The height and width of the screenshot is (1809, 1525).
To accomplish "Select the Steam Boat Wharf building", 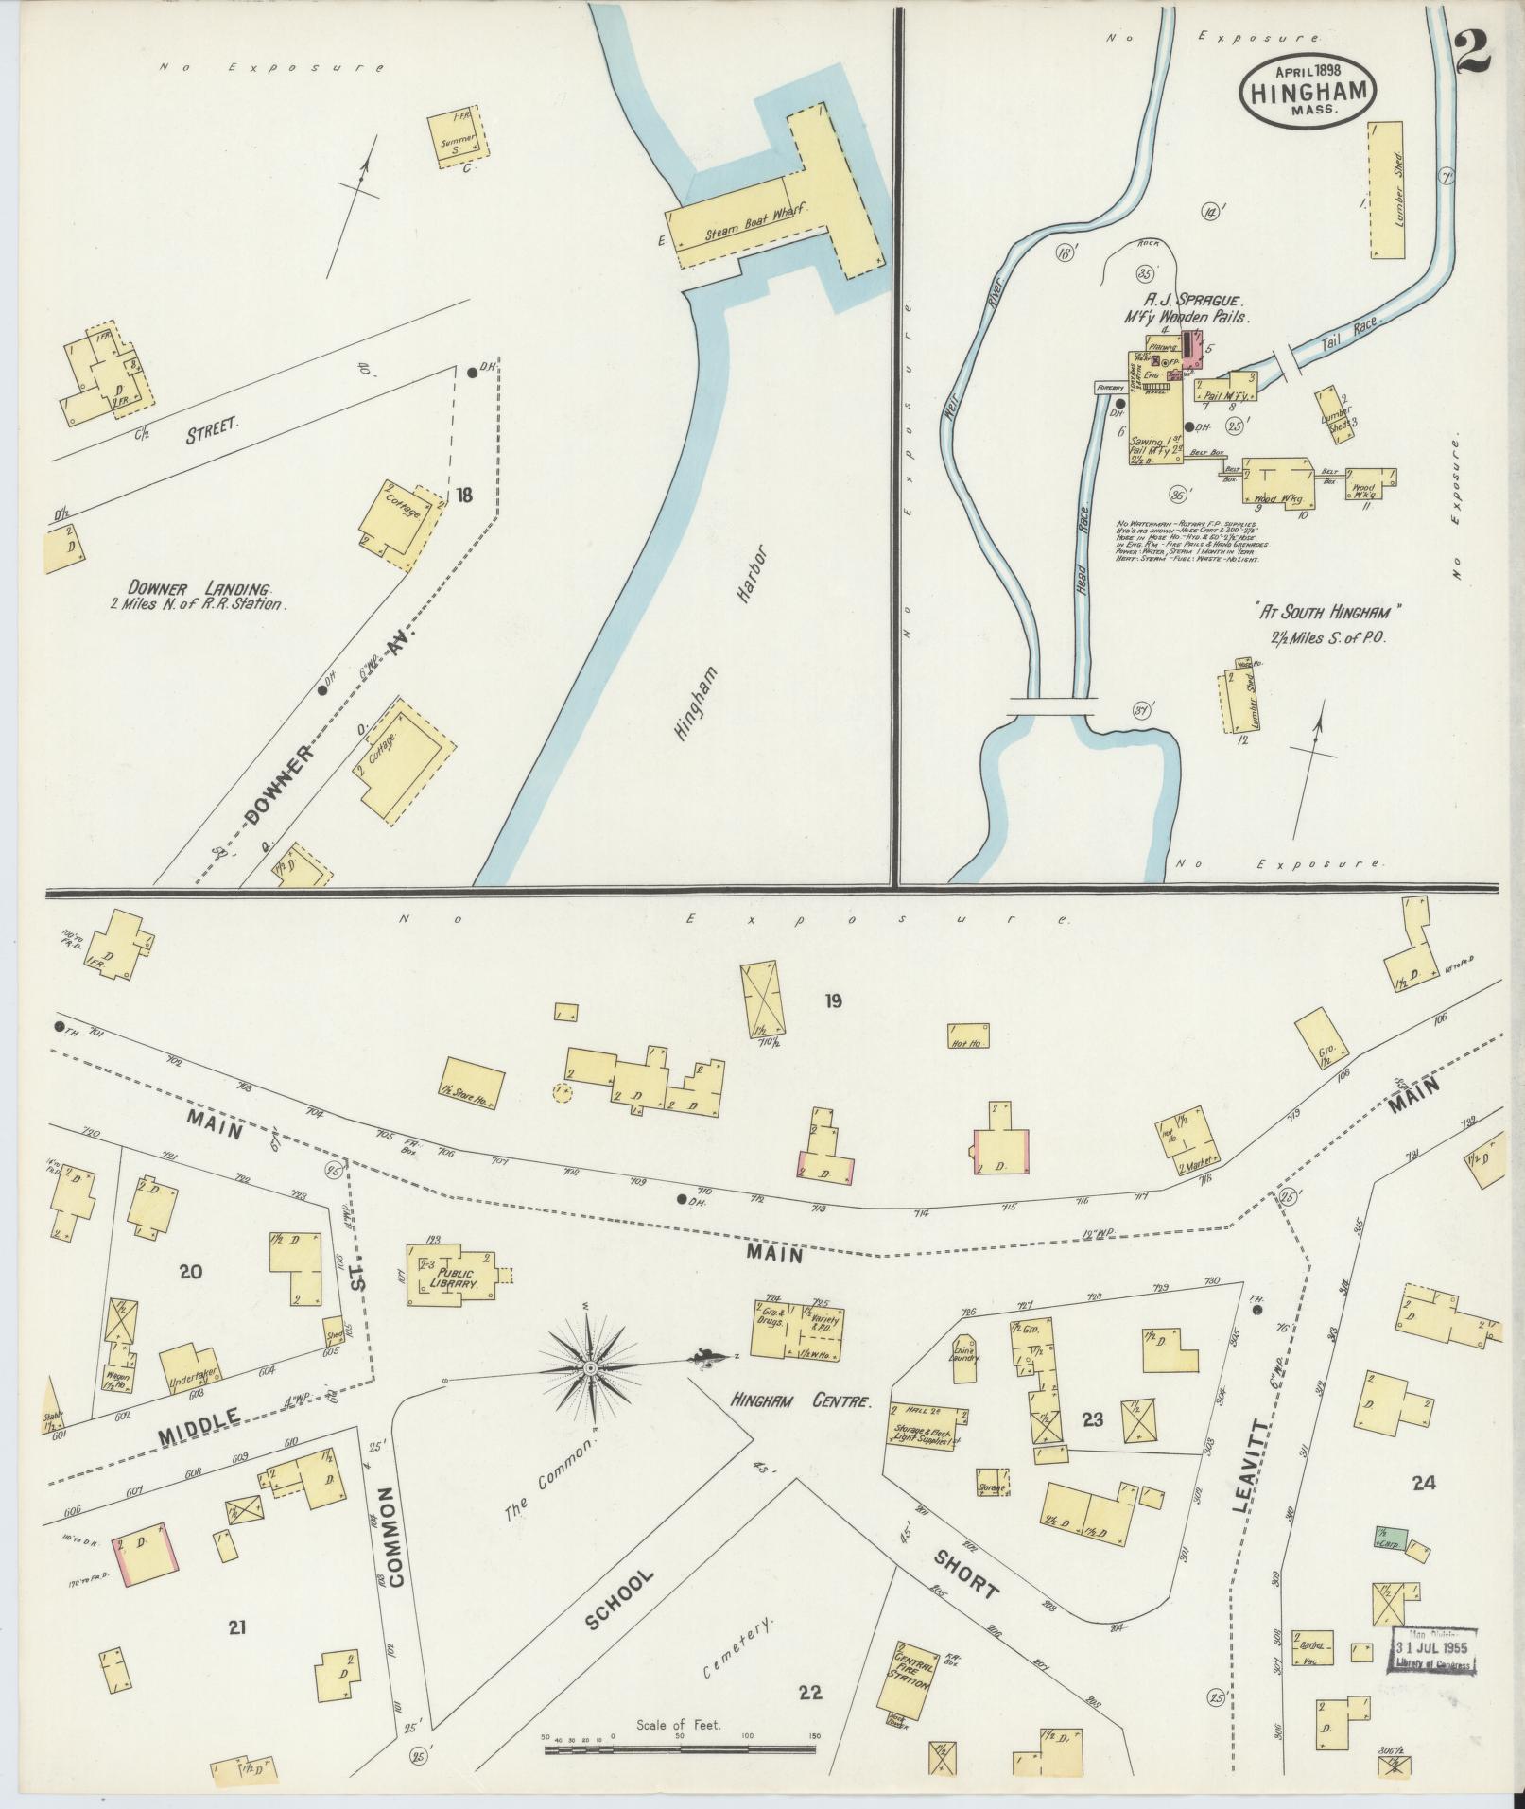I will click(x=775, y=217).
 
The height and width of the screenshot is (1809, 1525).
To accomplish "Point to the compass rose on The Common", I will click(x=591, y=1368).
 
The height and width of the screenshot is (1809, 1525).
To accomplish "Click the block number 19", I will click(x=832, y=1001).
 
